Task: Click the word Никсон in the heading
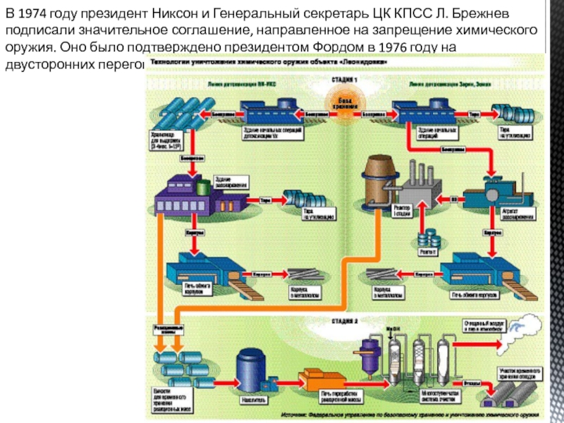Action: [x=175, y=16]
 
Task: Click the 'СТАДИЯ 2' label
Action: [x=345, y=321]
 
